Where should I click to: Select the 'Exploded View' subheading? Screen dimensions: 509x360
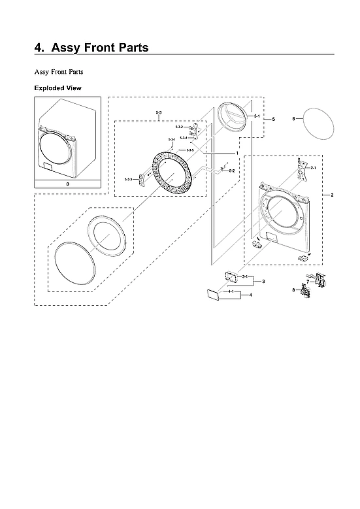click(57, 88)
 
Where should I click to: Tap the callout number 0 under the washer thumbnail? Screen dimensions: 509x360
click(67, 185)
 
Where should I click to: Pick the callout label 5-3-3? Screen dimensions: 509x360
click(128, 179)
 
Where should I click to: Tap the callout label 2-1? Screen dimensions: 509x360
click(313, 169)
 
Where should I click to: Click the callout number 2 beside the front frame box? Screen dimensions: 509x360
click(332, 196)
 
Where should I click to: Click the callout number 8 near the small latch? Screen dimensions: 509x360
click(293, 289)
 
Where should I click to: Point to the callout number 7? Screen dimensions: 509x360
click(307, 281)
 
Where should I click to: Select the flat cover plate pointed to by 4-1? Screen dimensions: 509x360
click(212, 295)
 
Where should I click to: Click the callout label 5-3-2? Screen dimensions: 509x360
click(179, 127)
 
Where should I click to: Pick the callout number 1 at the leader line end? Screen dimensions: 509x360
click(236, 152)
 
